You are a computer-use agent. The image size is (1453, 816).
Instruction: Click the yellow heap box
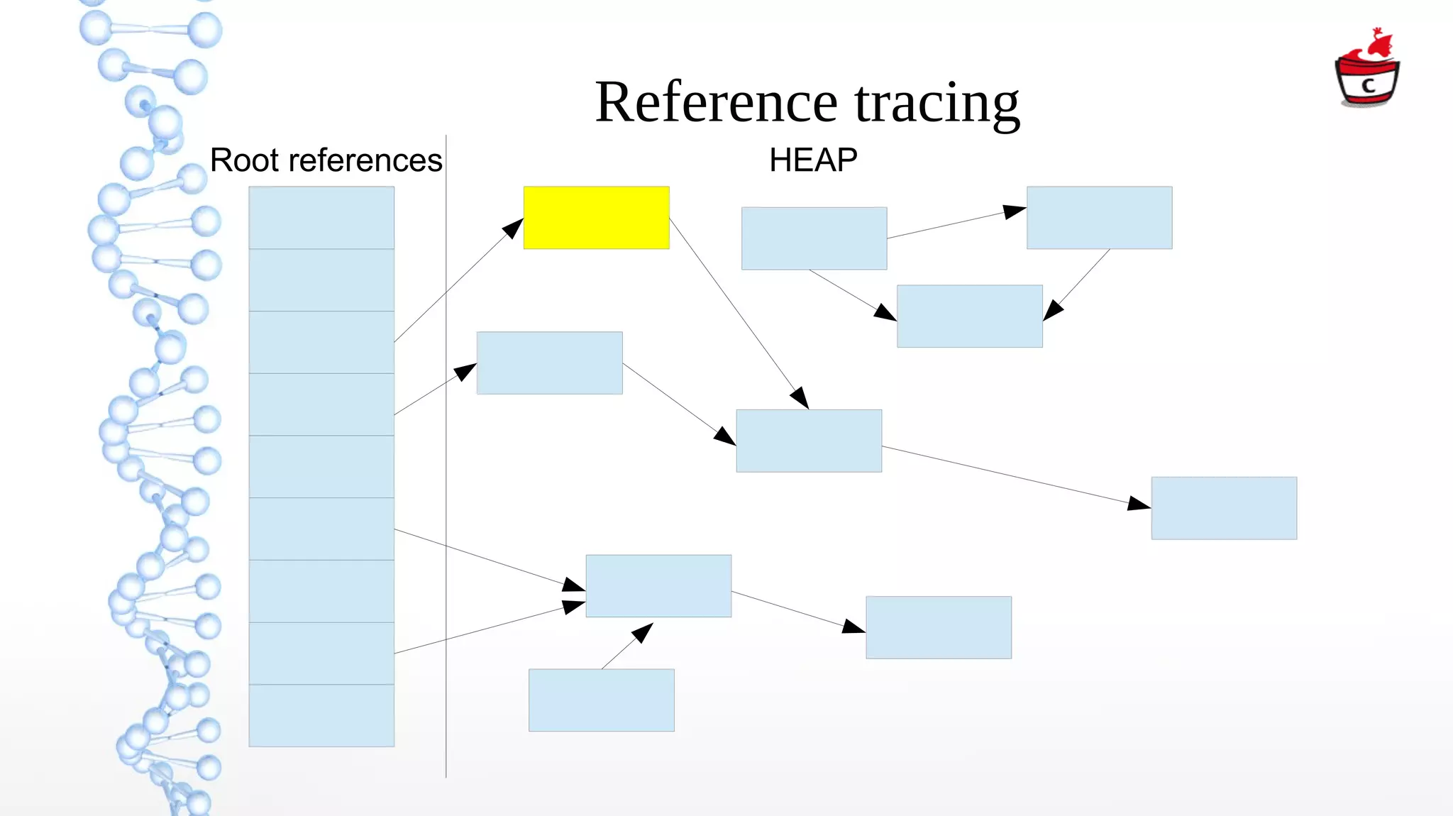click(x=596, y=217)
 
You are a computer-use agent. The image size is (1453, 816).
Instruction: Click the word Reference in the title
click(x=717, y=103)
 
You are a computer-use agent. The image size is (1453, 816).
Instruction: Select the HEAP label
click(x=813, y=160)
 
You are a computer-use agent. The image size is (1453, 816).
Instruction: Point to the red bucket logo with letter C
click(x=1366, y=71)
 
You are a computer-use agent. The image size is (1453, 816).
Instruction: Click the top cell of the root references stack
click(x=321, y=217)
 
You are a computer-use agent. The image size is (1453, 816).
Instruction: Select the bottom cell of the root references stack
click(x=321, y=715)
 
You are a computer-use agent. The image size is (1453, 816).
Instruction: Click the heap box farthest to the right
click(x=1224, y=508)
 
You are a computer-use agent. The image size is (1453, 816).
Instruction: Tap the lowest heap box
click(x=601, y=700)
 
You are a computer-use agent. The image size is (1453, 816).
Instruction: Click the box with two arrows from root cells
click(x=658, y=586)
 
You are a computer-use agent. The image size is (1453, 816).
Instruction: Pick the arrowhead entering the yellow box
click(x=514, y=228)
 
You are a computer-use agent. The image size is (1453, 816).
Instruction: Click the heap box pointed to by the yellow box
click(x=809, y=441)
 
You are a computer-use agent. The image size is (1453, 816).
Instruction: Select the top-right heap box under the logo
click(x=1099, y=217)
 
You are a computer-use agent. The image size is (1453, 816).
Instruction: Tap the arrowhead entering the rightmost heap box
click(x=1138, y=504)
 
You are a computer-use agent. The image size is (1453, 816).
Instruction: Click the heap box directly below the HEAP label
click(x=814, y=238)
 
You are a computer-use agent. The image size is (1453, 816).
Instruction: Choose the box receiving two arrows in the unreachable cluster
click(x=969, y=316)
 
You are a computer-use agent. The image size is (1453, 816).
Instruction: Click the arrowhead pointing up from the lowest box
click(x=643, y=632)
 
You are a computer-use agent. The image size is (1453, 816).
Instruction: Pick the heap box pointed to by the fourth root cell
click(x=549, y=363)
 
